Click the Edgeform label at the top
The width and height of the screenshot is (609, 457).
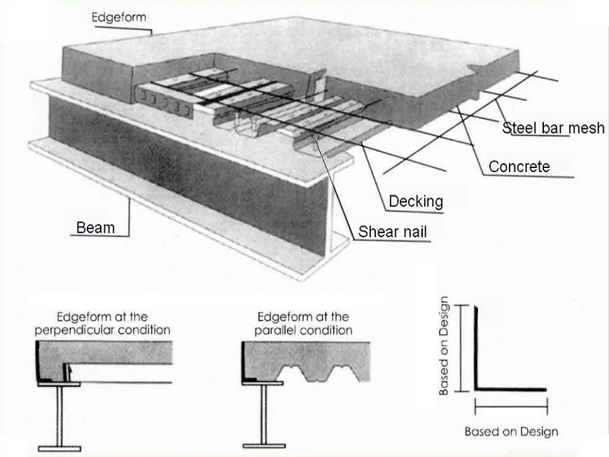coord(119,17)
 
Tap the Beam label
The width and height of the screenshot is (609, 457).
coord(95,227)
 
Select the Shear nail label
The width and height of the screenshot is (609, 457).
coord(392,232)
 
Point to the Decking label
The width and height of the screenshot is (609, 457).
coord(416,202)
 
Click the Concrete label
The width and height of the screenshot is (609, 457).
coord(519,167)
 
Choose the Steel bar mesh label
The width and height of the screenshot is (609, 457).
coord(554,128)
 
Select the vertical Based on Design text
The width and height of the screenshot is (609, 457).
coord(444,346)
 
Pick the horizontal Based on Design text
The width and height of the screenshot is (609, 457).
coord(512,432)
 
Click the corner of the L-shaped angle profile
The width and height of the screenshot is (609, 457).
coord(476,389)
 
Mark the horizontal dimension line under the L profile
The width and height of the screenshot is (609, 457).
coord(511,407)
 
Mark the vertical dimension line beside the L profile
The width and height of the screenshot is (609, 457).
coord(461,349)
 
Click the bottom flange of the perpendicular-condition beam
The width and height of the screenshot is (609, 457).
coord(59,449)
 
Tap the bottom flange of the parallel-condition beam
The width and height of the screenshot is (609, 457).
coord(264,446)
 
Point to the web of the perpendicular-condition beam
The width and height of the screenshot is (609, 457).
coord(59,416)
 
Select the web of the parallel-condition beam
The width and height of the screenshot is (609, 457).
coord(264,414)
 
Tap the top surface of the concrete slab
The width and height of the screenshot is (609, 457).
coord(295,50)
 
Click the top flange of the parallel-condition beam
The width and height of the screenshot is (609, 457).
coord(262,384)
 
